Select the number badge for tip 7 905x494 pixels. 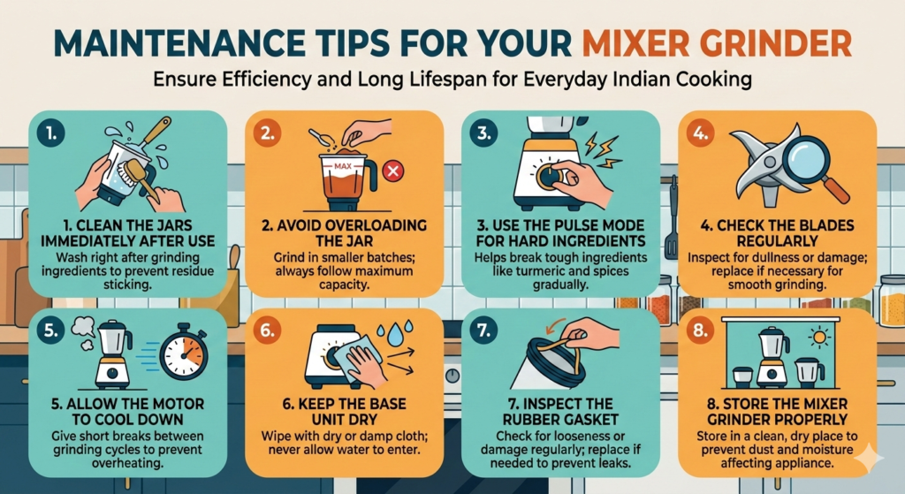[x=484, y=331]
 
